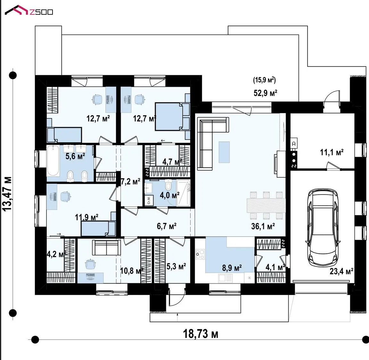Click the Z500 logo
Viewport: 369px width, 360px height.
point(29,11)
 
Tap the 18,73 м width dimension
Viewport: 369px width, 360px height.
point(201,334)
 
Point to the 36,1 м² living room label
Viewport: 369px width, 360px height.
point(263,226)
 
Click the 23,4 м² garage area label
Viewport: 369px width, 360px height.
point(341,271)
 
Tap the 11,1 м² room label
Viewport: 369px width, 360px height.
point(332,152)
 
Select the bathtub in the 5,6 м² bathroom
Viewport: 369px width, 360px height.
point(53,161)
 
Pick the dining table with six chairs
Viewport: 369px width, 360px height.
point(266,205)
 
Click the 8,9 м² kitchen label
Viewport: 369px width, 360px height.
point(232,268)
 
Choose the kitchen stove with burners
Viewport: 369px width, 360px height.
point(200,254)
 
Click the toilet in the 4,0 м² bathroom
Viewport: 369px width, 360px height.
point(168,185)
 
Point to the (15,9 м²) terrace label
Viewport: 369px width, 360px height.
point(264,80)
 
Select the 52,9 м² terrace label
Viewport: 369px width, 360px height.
point(265,93)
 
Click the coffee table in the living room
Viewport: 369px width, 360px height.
point(224,152)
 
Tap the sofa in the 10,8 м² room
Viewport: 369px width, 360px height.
point(106,247)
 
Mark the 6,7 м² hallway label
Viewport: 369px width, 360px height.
point(167,226)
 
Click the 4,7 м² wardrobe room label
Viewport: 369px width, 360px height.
point(172,162)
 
